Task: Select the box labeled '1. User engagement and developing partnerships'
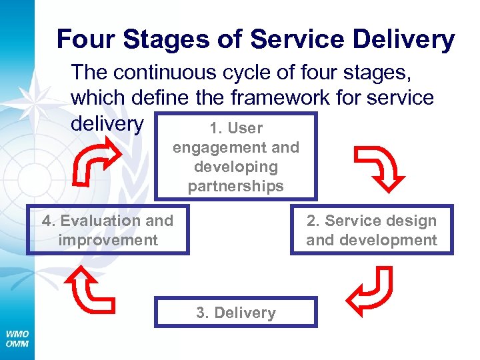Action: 236,157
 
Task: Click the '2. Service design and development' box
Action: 371,230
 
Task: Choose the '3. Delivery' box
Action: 236,313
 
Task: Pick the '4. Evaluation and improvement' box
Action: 108,230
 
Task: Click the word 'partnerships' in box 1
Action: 236,186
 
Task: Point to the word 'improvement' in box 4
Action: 108,240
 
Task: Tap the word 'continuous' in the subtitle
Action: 184,71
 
